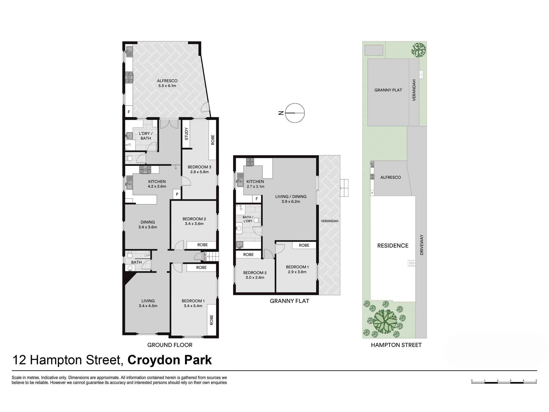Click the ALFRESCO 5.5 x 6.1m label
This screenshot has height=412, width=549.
167,83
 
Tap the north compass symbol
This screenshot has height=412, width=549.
295,113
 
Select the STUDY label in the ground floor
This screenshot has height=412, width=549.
187,134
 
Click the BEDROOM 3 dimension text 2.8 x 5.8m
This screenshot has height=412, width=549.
199,172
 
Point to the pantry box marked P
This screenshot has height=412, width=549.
177,194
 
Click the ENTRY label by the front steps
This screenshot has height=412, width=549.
205,256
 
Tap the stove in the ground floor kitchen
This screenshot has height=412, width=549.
145,170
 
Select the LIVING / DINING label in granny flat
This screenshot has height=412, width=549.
291,196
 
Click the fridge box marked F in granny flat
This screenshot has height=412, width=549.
257,199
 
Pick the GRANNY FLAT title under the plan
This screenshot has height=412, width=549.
289,301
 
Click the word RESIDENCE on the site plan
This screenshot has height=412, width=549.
393,246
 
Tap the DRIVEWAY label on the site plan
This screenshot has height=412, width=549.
422,245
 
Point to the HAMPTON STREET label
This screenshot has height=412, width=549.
396,345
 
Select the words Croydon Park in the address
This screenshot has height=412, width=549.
170,360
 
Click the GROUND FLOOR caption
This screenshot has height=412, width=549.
170,345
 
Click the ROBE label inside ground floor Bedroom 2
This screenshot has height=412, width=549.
203,245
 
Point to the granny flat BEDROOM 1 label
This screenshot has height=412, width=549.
297,267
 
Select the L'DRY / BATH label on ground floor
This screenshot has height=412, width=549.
146,136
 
